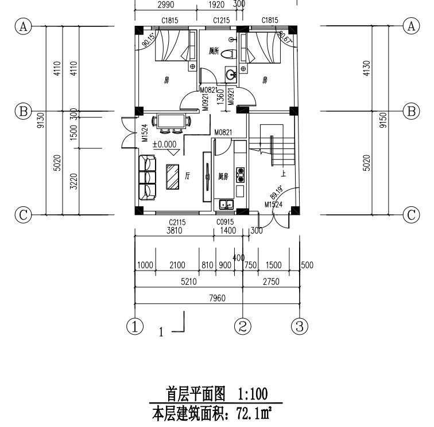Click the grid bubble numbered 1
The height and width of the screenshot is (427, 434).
point(135,326)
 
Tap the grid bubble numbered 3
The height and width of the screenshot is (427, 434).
point(299,326)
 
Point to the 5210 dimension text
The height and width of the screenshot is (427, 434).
point(188,282)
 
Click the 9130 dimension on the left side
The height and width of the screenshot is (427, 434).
point(40,120)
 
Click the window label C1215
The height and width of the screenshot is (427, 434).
point(220,21)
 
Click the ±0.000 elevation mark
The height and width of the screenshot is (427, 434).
point(164,144)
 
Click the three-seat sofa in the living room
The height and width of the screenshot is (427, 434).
point(148,177)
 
